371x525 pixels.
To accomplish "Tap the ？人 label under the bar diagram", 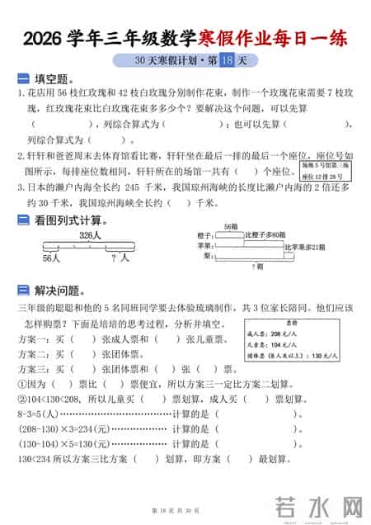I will (x=120, y=258).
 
